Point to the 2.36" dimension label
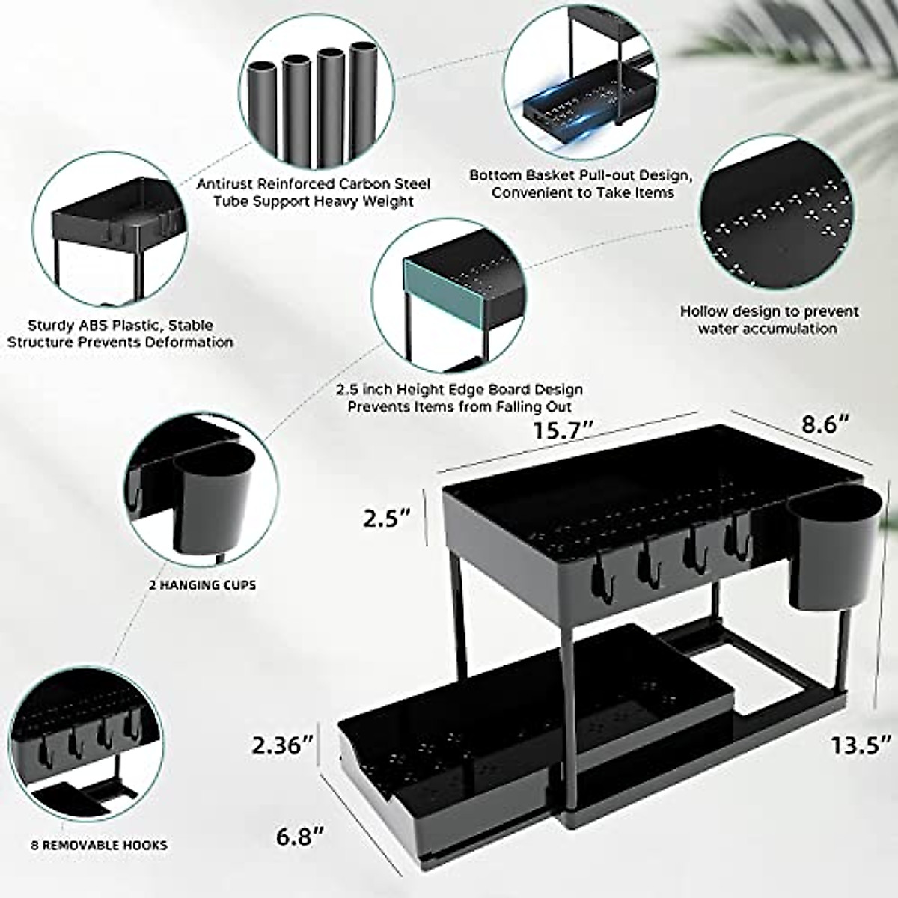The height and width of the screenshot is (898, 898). click(281, 745)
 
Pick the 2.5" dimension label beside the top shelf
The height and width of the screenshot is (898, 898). click(386, 517)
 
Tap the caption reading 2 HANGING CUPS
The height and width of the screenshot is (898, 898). click(202, 584)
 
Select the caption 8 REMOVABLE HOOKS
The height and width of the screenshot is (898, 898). click(100, 846)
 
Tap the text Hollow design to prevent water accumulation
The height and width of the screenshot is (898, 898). click(769, 320)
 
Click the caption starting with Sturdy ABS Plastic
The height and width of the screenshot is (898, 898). click(131, 334)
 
